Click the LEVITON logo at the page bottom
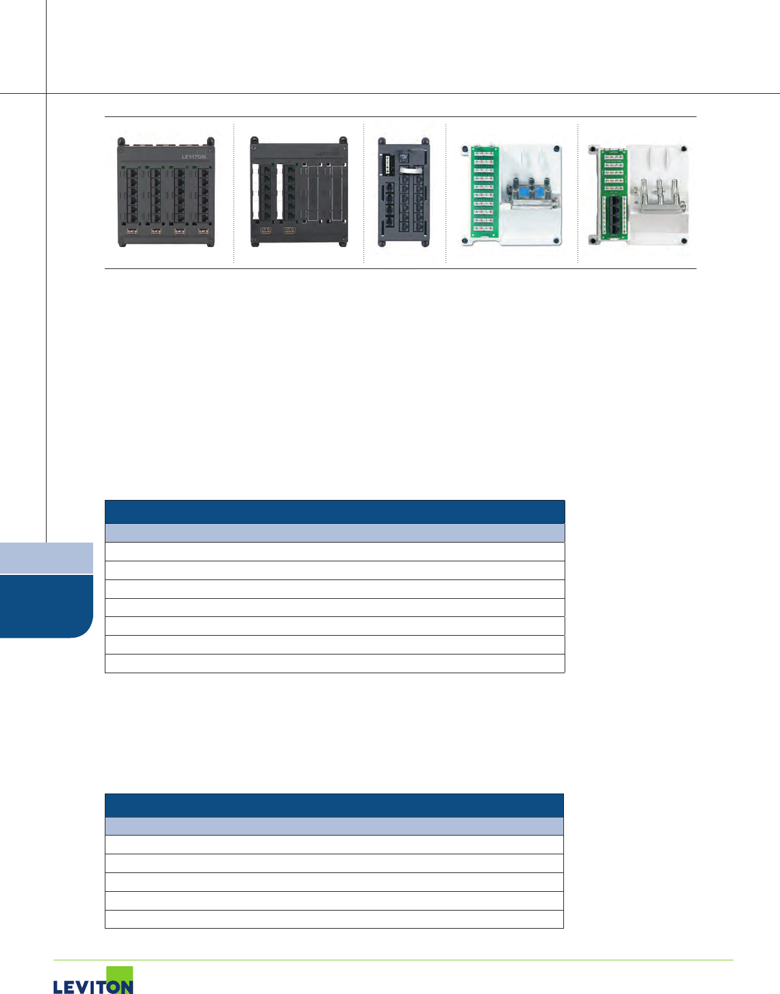coord(93,981)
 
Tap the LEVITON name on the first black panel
coord(193,157)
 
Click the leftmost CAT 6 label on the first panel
coord(132,231)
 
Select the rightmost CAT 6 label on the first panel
coord(203,231)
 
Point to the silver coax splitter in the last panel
coord(658,202)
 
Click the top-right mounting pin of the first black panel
coord(210,140)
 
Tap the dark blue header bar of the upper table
coord(334,512)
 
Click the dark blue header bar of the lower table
coord(334,805)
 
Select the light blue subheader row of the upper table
coord(334,533)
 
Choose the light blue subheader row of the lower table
coord(334,827)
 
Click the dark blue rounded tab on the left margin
coord(45,606)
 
